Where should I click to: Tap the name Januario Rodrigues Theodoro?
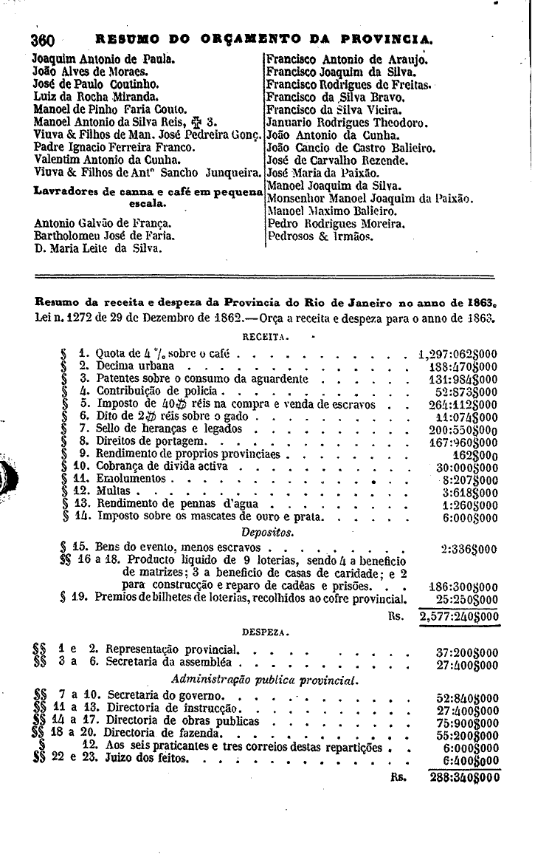pyautogui.click(x=345, y=122)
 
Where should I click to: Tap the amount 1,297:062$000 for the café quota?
pyautogui.click(x=457, y=353)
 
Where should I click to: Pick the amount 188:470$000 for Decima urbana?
pyautogui.click(x=462, y=366)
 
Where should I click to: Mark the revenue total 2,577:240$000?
pyautogui.click(x=459, y=616)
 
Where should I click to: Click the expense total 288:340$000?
pyautogui.click(x=464, y=777)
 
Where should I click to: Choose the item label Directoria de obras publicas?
pyautogui.click(x=183, y=720)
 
